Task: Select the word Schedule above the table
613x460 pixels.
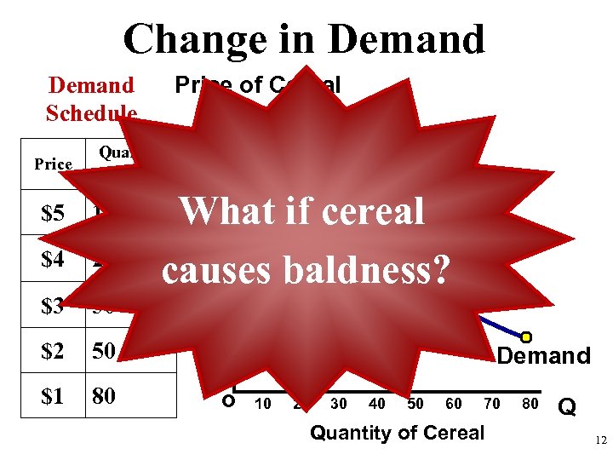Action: tap(91, 113)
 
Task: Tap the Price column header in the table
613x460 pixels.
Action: tap(53, 164)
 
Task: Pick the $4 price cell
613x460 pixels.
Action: tap(53, 260)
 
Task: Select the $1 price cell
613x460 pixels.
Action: tap(53, 398)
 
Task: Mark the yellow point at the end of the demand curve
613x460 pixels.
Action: tap(526, 337)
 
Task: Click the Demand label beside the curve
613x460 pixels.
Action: tap(543, 356)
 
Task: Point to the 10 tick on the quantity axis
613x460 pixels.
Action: tap(263, 404)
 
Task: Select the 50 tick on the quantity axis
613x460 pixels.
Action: tap(415, 404)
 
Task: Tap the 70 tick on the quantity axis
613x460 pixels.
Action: tap(492, 404)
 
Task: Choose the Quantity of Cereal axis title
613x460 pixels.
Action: tap(397, 433)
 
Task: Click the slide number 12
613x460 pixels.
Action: tap(600, 440)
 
